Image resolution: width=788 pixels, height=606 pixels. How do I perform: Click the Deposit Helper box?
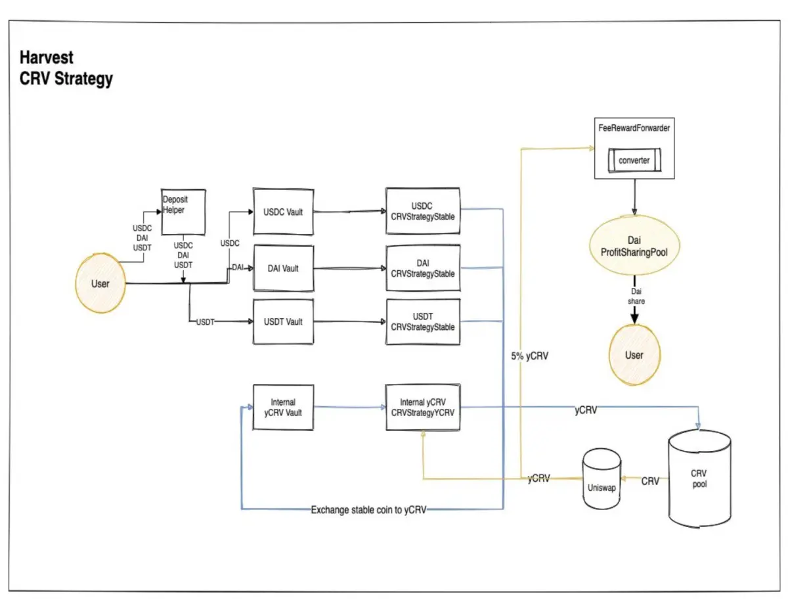(183, 212)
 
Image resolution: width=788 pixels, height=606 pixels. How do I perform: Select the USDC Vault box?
(283, 212)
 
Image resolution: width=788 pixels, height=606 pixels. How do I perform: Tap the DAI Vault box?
(283, 268)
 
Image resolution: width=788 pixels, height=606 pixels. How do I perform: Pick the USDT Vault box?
(283, 321)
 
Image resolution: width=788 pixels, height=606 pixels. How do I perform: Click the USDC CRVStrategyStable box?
(423, 211)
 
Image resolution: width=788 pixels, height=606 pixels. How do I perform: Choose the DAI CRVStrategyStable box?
(423, 268)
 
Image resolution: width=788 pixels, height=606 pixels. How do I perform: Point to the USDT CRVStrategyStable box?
(423, 321)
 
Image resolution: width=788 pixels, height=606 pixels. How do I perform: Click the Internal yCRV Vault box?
(283, 407)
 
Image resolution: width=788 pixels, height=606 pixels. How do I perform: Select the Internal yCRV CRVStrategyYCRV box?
(423, 407)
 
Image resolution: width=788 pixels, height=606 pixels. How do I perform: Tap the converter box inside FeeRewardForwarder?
(634, 160)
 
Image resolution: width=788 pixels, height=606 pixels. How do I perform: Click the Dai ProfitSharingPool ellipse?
(634, 245)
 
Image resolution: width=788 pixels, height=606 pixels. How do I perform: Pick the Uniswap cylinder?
(602, 478)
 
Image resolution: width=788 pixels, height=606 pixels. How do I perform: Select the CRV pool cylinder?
(699, 478)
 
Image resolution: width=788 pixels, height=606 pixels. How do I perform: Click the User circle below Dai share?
(634, 354)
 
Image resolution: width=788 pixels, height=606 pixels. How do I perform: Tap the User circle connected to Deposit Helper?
(100, 283)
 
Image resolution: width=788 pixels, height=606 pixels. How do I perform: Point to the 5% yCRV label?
(529, 356)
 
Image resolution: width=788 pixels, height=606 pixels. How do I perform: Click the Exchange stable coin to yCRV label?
(368, 510)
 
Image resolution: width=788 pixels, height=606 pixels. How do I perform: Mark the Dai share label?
(636, 296)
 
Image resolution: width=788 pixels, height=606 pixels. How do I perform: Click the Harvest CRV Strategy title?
(66, 68)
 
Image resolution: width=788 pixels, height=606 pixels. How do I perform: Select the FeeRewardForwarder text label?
(634, 128)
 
